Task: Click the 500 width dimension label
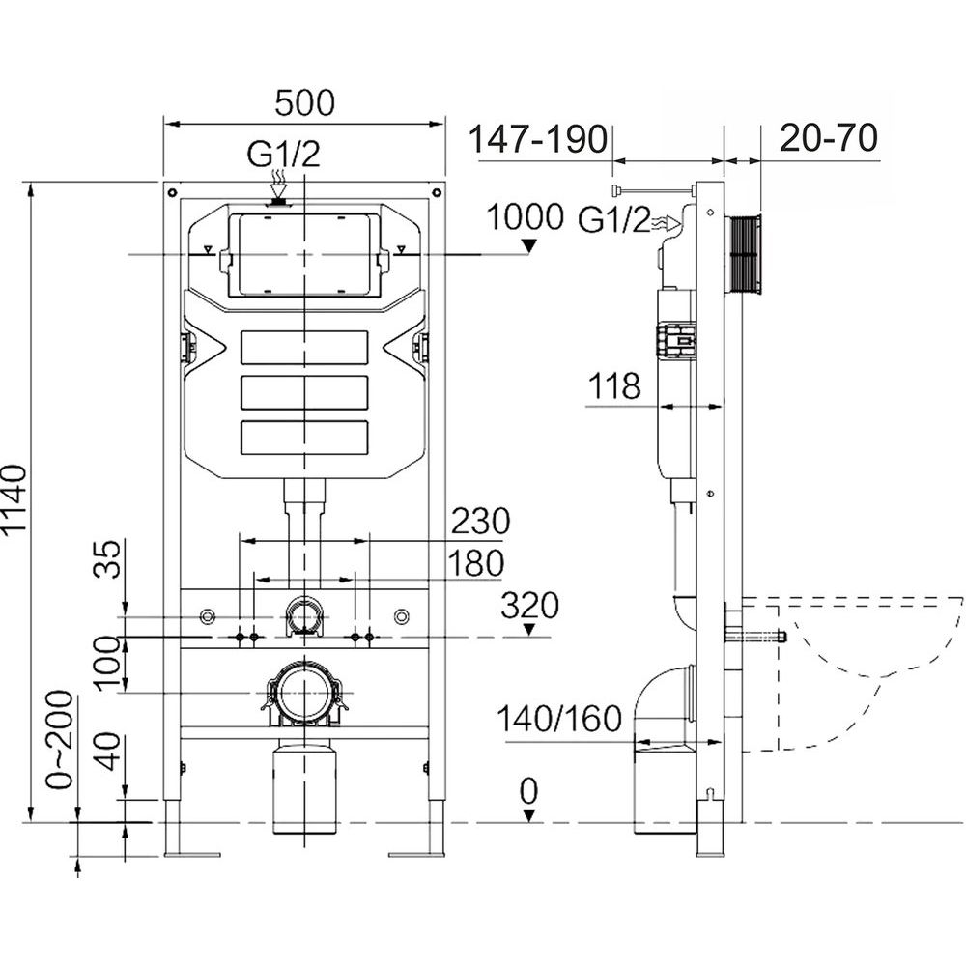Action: point(304,102)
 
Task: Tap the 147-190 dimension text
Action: point(537,138)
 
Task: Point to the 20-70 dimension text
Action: point(829,138)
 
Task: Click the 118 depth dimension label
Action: point(615,387)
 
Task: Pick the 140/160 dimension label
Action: point(558,720)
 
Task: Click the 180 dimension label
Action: point(476,562)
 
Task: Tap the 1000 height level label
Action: point(526,216)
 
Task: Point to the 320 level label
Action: point(529,607)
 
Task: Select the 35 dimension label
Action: point(112,560)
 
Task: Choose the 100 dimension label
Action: point(112,661)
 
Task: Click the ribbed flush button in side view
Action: point(746,252)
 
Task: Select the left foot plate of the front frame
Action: point(193,854)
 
